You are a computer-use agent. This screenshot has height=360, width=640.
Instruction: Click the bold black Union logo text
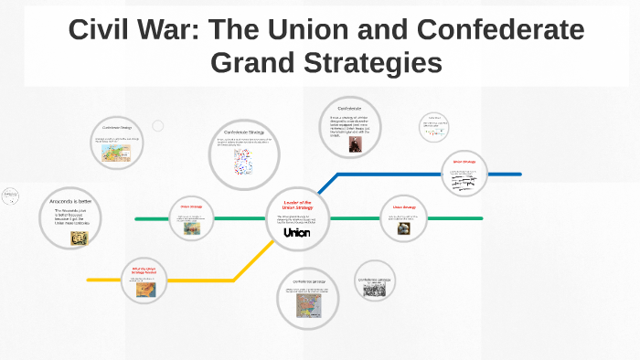tap(297, 233)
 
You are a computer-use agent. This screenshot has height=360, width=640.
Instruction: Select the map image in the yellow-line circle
tap(144, 289)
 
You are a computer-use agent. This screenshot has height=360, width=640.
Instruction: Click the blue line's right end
tap(519, 174)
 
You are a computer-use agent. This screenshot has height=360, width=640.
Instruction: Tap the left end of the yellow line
tap(89, 280)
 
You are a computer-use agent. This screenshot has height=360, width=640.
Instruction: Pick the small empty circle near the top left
tap(157, 125)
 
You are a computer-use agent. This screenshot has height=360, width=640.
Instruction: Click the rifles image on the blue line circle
tap(466, 183)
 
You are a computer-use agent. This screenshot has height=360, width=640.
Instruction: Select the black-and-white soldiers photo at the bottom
tap(374, 290)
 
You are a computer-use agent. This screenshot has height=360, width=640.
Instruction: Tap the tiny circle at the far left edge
tap(11, 196)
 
